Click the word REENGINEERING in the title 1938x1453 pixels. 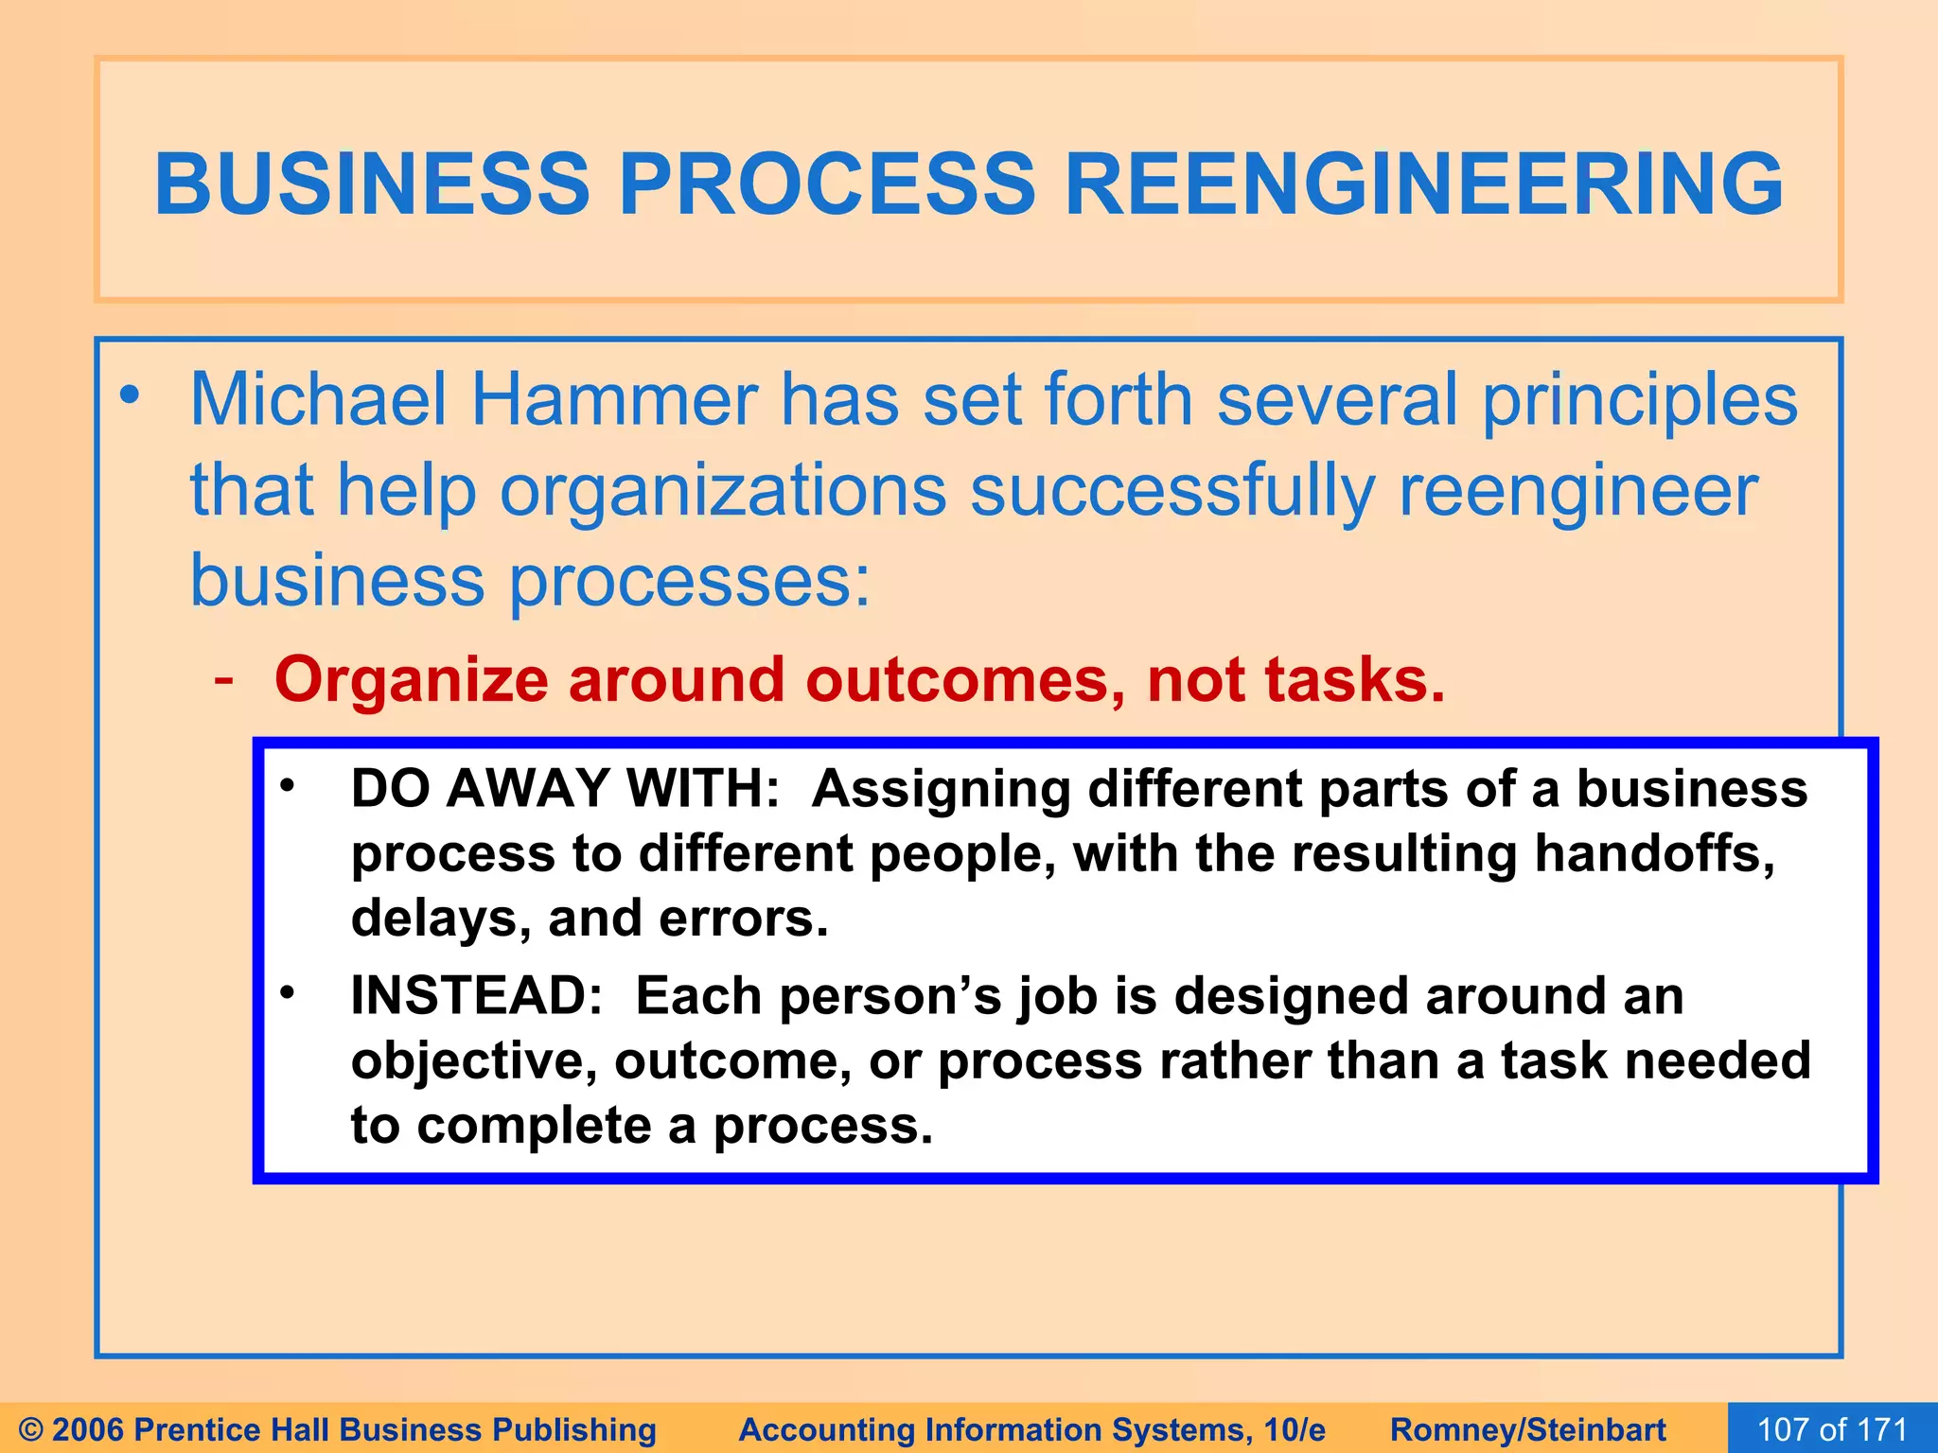[x=1424, y=184]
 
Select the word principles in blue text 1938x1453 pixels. [x=1639, y=401]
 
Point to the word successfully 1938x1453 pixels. [x=1172, y=492]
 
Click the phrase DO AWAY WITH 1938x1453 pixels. [x=564, y=788]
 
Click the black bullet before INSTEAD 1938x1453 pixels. [x=288, y=992]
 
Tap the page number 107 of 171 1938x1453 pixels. [x=1832, y=1428]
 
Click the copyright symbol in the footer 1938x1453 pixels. [x=31, y=1429]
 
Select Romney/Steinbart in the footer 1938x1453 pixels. [x=1527, y=1429]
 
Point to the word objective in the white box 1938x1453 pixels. [x=474, y=1061]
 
